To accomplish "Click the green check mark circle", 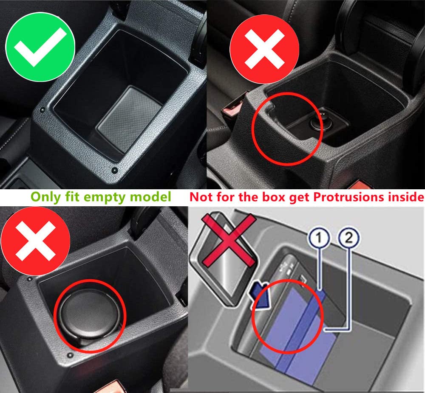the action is [x=40, y=47].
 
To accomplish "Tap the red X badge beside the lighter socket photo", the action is [x=264, y=49].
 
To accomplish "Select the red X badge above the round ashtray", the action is [x=35, y=241].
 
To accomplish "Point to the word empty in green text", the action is [x=105, y=197].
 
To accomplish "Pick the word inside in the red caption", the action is [x=406, y=197].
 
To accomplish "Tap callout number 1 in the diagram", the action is [x=319, y=238].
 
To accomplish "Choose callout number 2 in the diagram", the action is [x=349, y=238].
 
